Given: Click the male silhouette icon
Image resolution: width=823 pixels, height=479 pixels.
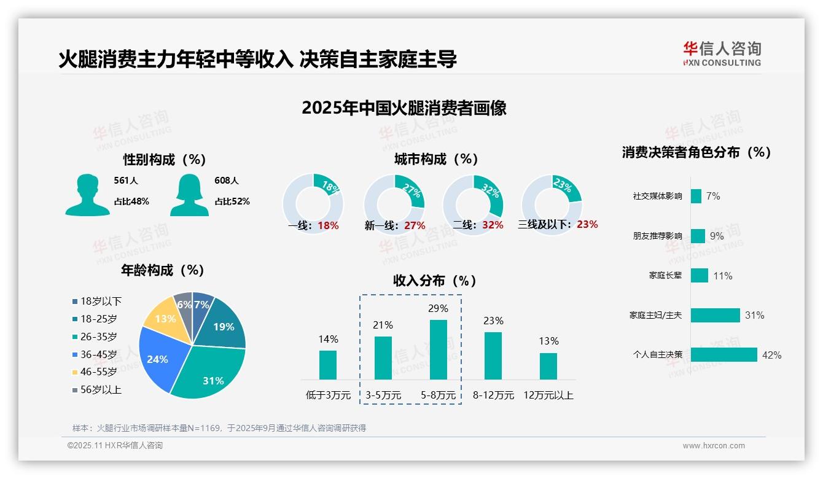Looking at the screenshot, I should [x=87, y=195].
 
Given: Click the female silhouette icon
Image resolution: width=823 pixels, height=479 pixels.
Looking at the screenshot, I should [x=189, y=195].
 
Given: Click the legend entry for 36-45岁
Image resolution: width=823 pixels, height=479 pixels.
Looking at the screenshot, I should [x=95, y=354].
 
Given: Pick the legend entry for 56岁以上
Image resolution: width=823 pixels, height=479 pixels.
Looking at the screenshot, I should [x=97, y=390].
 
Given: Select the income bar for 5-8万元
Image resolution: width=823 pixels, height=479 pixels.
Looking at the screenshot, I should [x=439, y=349].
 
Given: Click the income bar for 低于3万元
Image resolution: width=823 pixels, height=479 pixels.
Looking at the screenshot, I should [x=328, y=365].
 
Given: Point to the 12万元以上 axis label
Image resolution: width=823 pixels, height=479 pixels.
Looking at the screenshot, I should [x=548, y=395].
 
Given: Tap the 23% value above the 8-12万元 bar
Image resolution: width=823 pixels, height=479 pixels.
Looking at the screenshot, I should [x=493, y=321].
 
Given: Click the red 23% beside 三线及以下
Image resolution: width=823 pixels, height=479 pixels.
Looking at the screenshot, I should [x=587, y=225].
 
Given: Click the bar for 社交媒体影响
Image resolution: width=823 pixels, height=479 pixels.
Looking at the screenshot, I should [x=696, y=197].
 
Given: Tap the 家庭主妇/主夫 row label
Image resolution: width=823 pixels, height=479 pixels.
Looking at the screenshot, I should [x=655, y=316].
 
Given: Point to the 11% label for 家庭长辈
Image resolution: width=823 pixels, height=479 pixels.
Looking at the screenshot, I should [x=722, y=276].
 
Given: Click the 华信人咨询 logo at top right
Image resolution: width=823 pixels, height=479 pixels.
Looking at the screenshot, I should [x=722, y=53].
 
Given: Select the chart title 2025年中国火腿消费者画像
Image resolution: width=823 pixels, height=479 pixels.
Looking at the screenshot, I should [x=404, y=108].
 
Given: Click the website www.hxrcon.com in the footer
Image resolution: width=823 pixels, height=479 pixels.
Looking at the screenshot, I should [x=713, y=446].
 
